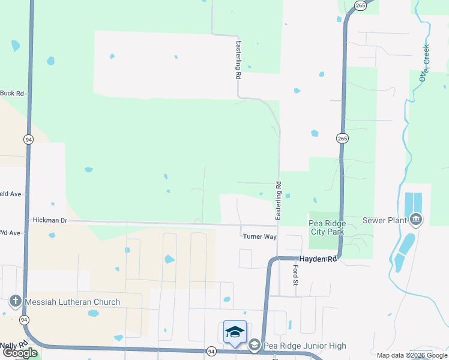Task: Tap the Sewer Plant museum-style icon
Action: pyautogui.click(x=415, y=220)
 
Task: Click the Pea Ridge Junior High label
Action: pyautogui.click(x=304, y=346)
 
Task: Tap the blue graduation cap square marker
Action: pyautogui.click(x=235, y=332)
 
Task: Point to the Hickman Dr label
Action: pyautogui.click(x=50, y=221)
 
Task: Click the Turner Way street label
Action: pyautogui.click(x=259, y=236)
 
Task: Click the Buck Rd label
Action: pyautogui.click(x=12, y=93)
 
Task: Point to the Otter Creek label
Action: pyautogui.click(x=425, y=63)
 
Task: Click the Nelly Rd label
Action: pyautogui.click(x=11, y=344)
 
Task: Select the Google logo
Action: pyautogui.click(x=20, y=353)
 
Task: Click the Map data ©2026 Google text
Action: pyautogui.click(x=411, y=355)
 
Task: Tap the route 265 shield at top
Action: pyautogui.click(x=360, y=5)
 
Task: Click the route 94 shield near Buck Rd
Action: pyautogui.click(x=29, y=139)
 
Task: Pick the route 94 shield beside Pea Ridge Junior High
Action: pyautogui.click(x=211, y=350)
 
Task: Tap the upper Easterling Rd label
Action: pyautogui.click(x=238, y=61)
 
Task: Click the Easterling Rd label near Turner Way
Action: pyautogui.click(x=278, y=200)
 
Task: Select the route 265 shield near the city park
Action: pyautogui.click(x=342, y=139)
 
